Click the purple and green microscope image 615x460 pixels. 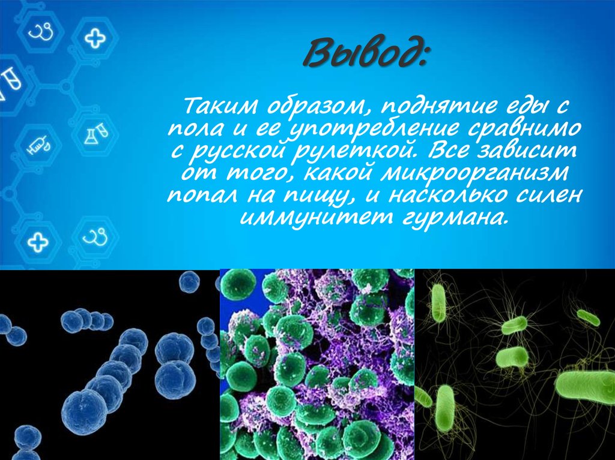(x=317, y=364)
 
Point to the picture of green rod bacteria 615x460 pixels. (x=515, y=364)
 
